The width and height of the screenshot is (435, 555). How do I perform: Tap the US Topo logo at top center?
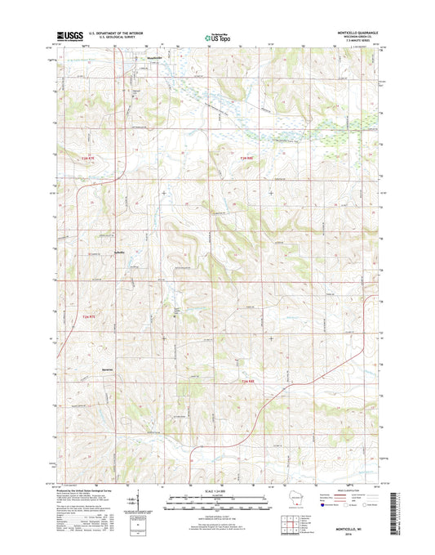pos(215,37)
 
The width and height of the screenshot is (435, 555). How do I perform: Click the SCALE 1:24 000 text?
pos(216,490)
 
